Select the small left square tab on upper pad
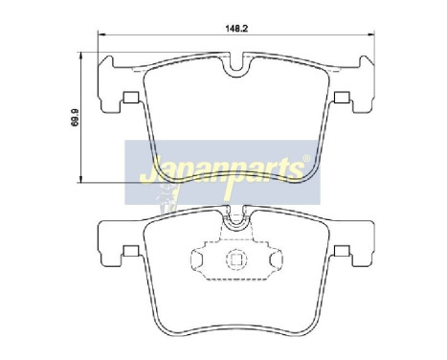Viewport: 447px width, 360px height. tap(127, 96)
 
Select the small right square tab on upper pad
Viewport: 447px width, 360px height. tap(340, 96)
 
